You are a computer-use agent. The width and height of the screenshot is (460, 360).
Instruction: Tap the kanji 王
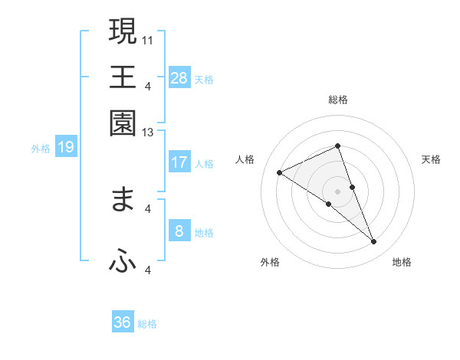(123, 77)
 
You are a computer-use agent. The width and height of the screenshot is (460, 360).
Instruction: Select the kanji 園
(123, 123)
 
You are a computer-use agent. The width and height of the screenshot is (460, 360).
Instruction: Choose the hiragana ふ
(123, 261)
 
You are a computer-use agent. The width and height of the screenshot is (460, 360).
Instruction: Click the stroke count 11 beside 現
(148, 39)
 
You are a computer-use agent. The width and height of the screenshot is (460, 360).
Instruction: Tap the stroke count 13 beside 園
(148, 133)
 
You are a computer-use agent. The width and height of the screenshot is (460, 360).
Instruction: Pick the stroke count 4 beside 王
(148, 85)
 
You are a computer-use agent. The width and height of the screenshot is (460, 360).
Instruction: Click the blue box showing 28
(179, 77)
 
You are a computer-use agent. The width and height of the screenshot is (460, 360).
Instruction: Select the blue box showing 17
(179, 162)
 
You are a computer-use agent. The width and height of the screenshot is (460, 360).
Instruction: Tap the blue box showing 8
(179, 231)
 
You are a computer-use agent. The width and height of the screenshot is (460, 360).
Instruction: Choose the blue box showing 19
(65, 147)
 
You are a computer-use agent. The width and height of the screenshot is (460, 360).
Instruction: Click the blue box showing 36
(123, 322)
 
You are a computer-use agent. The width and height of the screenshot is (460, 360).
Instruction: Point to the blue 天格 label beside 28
(204, 79)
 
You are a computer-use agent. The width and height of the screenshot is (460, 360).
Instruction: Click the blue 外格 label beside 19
(41, 149)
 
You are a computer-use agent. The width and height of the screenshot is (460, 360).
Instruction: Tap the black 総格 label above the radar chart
(337, 100)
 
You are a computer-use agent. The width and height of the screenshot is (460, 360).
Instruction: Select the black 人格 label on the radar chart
(245, 159)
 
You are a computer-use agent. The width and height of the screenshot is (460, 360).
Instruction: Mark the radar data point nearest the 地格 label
(374, 242)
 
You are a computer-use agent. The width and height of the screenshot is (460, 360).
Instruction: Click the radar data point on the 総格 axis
(337, 146)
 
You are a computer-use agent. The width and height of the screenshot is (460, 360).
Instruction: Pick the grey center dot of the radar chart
(337, 191)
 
